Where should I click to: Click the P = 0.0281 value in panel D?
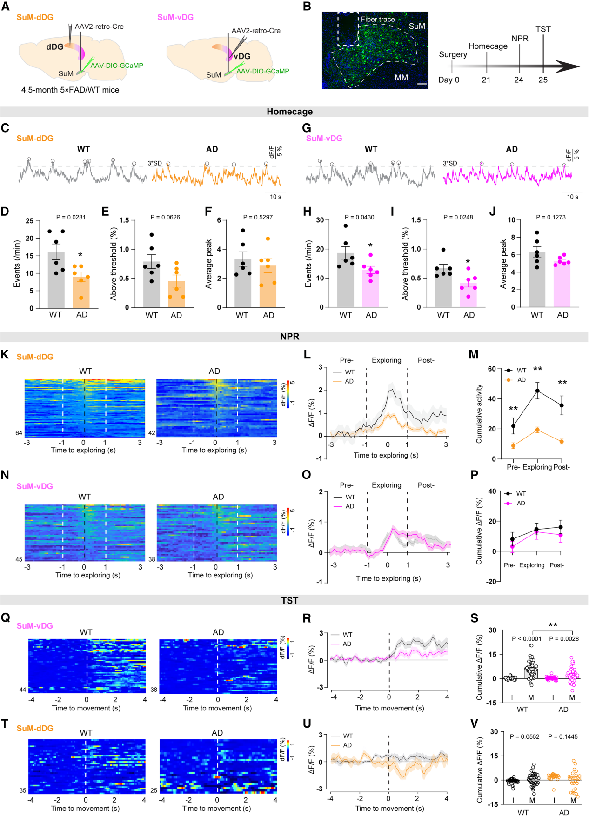point(71,217)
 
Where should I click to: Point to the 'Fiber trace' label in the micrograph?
point(377,20)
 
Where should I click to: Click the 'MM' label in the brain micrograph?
point(401,78)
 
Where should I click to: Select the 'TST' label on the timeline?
point(543,29)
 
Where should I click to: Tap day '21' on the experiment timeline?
point(486,80)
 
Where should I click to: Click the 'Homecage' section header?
point(289,112)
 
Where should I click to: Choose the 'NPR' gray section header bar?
point(289,337)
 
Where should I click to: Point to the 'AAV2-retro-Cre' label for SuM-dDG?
point(99,27)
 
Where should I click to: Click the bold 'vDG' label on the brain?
point(242,56)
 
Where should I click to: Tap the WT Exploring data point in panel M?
point(537,391)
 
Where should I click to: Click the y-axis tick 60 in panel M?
point(491,369)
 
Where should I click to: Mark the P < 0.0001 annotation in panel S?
point(526,639)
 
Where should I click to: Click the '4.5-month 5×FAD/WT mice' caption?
point(70,90)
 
